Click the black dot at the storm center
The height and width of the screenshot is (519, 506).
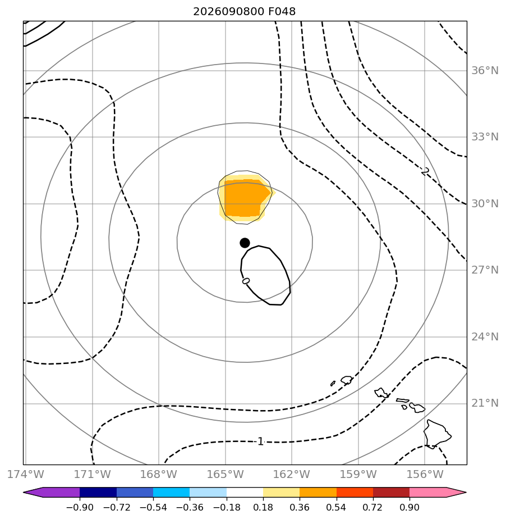(x=245, y=243)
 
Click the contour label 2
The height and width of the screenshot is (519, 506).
(x=425, y=171)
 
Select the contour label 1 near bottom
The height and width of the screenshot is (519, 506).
(x=260, y=441)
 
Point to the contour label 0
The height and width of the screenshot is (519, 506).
(x=246, y=281)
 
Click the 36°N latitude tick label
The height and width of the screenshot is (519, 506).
(x=485, y=71)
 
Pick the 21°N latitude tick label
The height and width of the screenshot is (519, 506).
(x=485, y=403)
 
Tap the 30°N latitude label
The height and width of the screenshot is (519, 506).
(x=485, y=203)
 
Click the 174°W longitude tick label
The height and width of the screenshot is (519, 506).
(x=26, y=474)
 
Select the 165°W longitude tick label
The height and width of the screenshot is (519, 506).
(x=226, y=474)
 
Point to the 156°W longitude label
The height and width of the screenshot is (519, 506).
(x=425, y=474)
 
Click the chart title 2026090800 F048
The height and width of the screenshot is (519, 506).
(x=244, y=12)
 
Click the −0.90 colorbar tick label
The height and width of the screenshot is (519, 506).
(x=80, y=507)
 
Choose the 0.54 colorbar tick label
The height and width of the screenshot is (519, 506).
(x=336, y=507)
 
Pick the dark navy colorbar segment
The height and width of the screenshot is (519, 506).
(x=98, y=493)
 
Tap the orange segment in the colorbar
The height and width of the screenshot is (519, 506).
(x=318, y=493)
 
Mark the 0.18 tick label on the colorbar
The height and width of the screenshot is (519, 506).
(x=263, y=507)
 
